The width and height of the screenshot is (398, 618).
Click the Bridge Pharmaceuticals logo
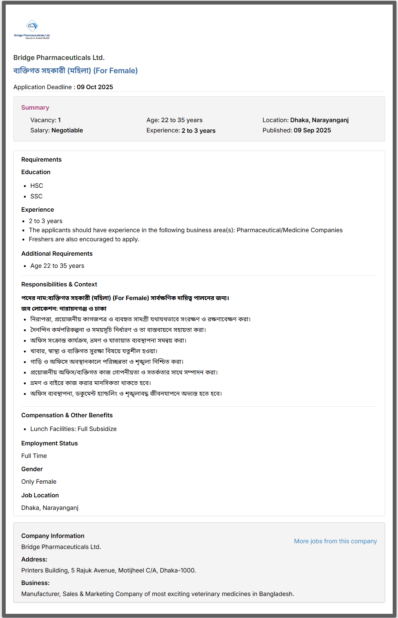coord(32,30)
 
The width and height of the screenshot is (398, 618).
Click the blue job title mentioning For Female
coord(76,71)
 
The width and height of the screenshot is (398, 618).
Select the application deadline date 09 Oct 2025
coord(95,87)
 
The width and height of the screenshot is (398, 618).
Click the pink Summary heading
coord(35,108)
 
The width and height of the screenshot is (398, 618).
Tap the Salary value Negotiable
coord(67,131)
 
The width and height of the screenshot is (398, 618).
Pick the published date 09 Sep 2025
coord(312,131)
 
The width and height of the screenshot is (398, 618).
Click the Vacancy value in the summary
coord(59,120)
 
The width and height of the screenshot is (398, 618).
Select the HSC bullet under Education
coord(37,186)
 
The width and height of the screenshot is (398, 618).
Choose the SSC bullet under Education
coord(36,197)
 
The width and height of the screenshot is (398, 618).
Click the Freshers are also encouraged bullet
coord(84,239)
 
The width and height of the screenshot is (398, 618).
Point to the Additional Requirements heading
coord(57,254)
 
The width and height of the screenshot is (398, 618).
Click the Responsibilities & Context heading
coord(59,285)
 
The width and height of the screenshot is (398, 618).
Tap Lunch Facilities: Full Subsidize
coord(74,429)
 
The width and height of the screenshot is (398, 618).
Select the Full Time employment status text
coord(34,456)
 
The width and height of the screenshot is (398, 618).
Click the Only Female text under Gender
coord(39,482)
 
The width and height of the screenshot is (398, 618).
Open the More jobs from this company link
coord(335,541)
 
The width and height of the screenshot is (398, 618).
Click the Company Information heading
coord(53,536)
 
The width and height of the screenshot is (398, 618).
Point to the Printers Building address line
coord(109,571)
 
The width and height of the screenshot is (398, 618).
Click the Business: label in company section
coord(35,583)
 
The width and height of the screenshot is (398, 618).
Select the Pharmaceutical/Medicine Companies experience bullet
coord(186,230)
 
